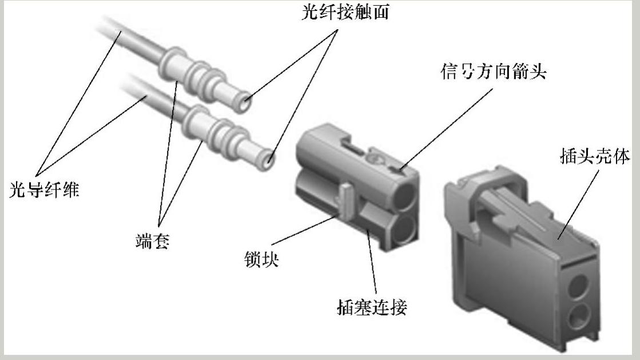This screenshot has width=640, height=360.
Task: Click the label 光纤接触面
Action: pyautogui.click(x=345, y=12)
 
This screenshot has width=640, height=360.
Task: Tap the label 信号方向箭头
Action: pyautogui.click(x=494, y=72)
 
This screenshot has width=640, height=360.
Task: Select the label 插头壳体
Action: pyautogui.click(x=595, y=156)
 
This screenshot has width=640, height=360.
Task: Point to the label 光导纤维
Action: pyautogui.click(x=44, y=190)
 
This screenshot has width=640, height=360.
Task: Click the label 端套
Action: pyautogui.click(x=152, y=241)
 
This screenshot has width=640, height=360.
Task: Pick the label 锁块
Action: pyautogui.click(x=261, y=259)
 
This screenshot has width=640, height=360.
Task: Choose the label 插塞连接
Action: pyautogui.click(x=372, y=307)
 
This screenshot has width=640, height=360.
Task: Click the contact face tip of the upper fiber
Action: pyautogui.click(x=245, y=102)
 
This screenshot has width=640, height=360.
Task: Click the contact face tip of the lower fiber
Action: pyautogui.click(x=268, y=159)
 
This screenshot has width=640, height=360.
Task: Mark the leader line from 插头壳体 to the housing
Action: pyautogui.click(x=578, y=204)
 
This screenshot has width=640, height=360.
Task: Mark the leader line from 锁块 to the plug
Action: pyautogui.click(x=303, y=231)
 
